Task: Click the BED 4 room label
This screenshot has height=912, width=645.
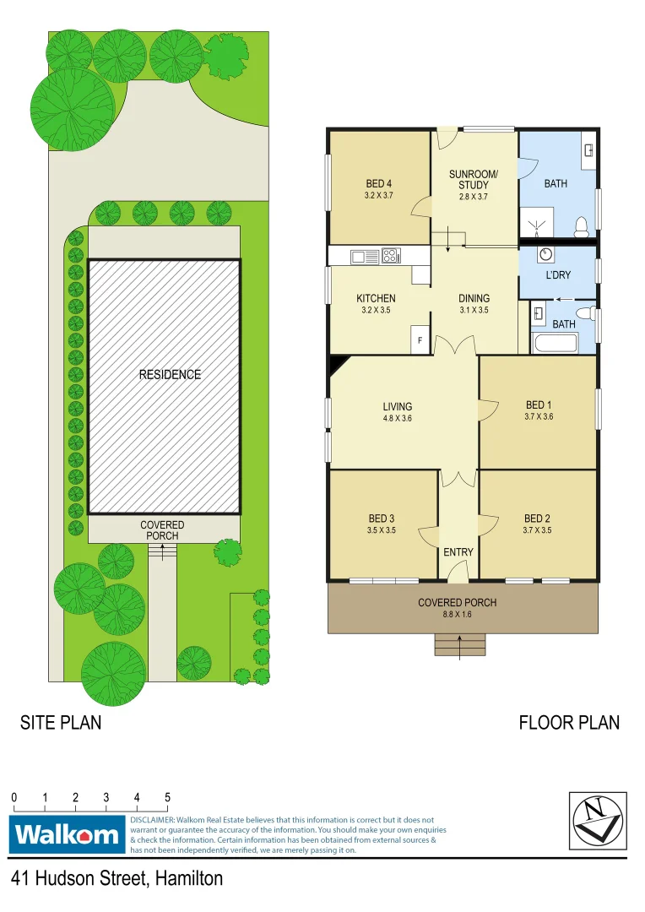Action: (x=379, y=184)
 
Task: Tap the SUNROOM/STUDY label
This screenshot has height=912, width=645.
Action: (x=474, y=180)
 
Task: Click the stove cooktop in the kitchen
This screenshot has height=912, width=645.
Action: (x=390, y=255)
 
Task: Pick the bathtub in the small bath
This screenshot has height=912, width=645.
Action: (x=555, y=344)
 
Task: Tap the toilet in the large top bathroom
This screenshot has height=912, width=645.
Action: (x=581, y=225)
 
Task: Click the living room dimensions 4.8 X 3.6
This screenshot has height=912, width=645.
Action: (x=397, y=418)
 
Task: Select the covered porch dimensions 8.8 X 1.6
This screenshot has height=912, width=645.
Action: (x=457, y=615)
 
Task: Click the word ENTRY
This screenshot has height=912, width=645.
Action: (x=458, y=552)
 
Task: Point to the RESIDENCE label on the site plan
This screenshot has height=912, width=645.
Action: (x=170, y=374)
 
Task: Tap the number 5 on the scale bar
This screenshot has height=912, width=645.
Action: (x=167, y=797)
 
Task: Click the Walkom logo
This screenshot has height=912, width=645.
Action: (x=68, y=835)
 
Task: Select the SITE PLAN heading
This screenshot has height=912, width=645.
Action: (x=61, y=723)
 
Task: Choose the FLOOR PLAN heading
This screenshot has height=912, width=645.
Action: (x=568, y=723)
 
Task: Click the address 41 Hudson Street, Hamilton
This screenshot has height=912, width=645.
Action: (x=117, y=879)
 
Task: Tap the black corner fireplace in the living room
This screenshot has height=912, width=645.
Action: (x=337, y=363)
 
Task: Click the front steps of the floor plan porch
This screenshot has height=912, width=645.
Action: (x=460, y=645)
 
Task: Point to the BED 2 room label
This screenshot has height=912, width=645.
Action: (x=538, y=518)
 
